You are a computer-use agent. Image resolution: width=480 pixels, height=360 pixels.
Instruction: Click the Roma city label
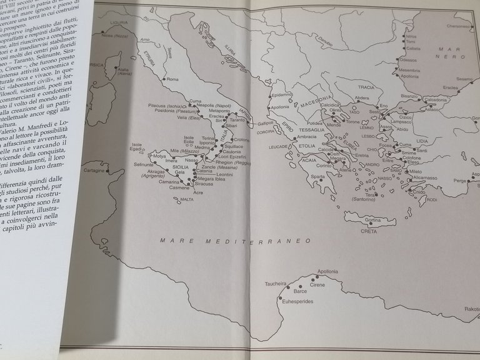173,79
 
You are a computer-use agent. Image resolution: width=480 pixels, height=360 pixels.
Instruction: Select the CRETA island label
369,231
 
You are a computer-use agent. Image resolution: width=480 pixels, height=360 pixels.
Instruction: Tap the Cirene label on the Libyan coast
317,284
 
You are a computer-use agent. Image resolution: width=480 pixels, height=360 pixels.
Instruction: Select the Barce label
301,291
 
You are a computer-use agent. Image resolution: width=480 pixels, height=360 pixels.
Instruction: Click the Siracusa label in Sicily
204,184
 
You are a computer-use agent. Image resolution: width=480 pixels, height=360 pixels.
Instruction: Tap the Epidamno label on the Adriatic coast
282,94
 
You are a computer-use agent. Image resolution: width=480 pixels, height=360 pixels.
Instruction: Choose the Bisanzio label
409,96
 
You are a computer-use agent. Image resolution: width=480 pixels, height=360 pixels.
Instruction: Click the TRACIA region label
366,87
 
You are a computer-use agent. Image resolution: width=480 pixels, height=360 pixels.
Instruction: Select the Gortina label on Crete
372,220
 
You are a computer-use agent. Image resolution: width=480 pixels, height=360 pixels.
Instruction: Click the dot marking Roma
163,80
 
